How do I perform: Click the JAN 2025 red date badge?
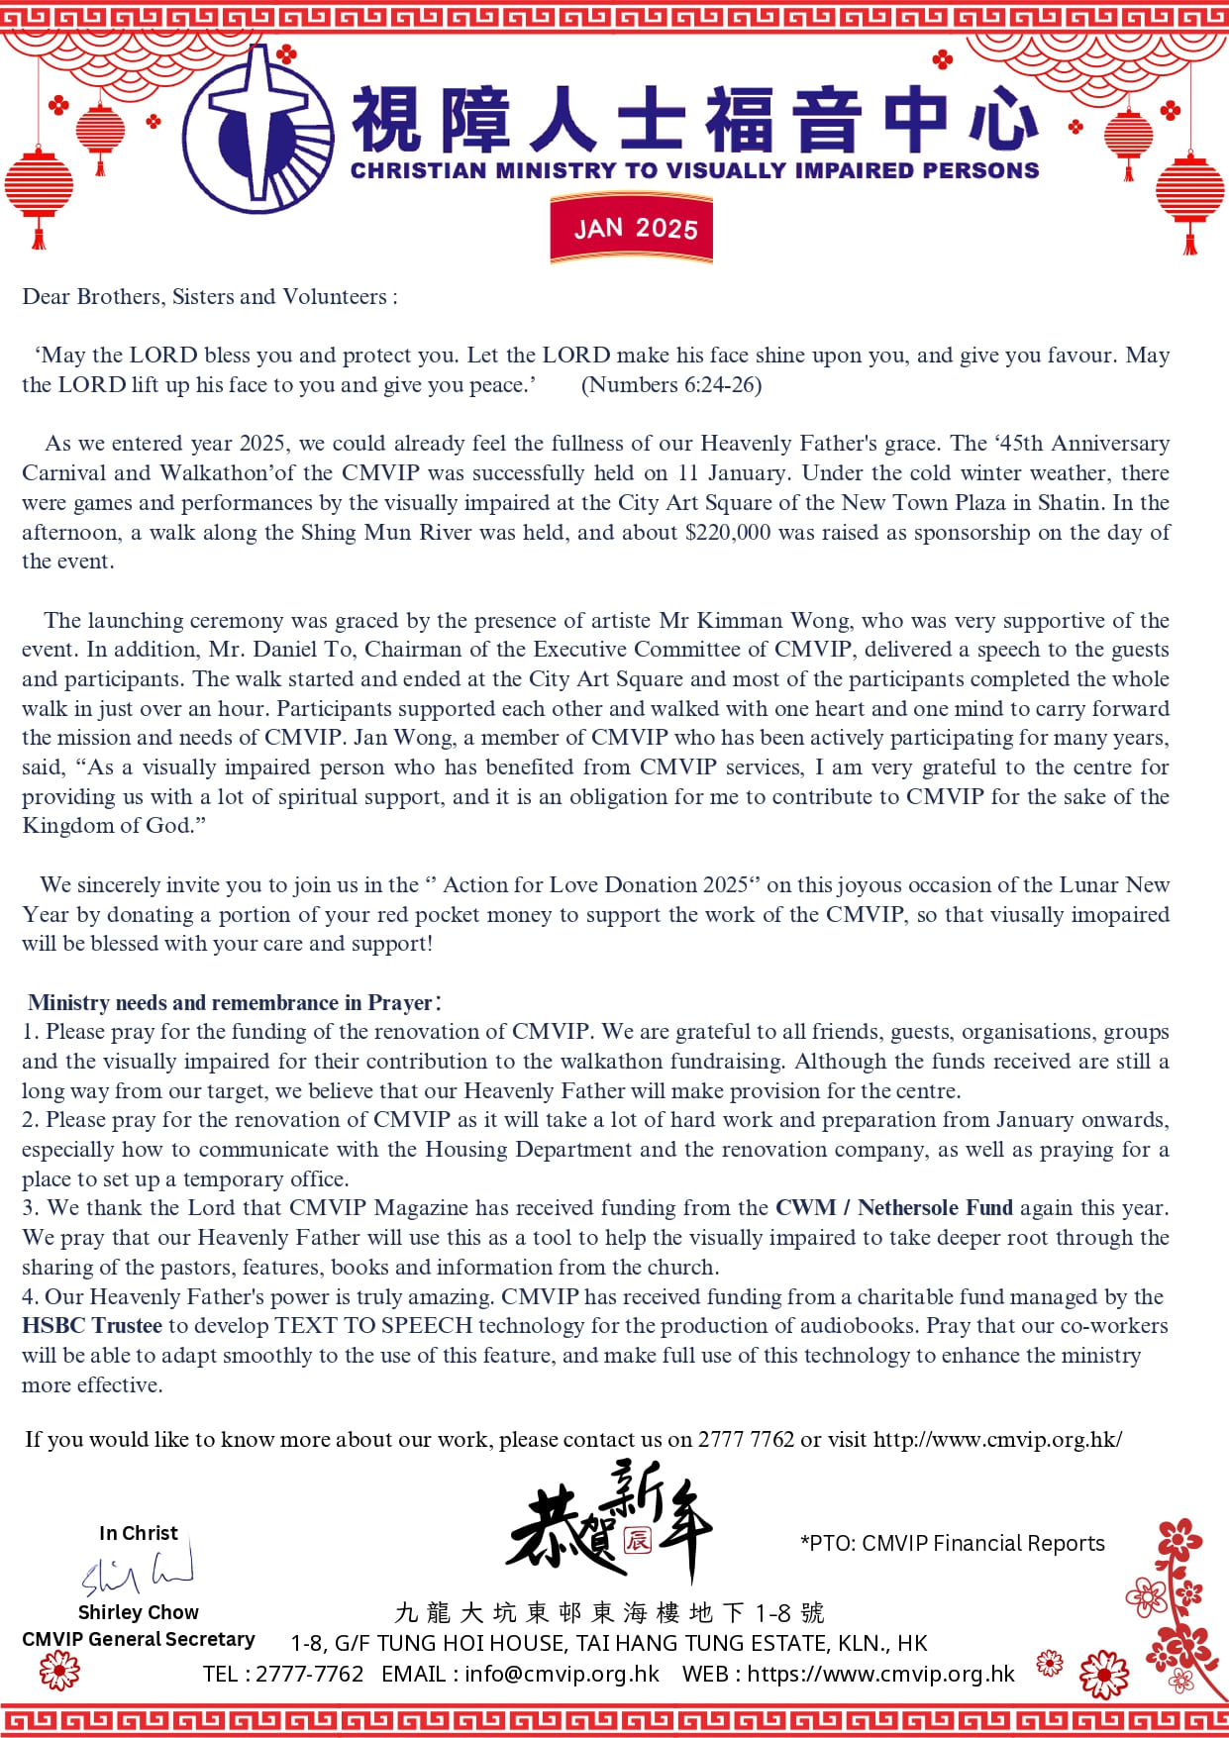[632, 229]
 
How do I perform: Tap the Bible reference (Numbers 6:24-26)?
[670, 385]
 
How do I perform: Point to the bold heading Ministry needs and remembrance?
[230, 1003]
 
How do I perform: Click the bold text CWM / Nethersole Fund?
[893, 1208]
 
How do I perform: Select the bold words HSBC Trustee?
[92, 1326]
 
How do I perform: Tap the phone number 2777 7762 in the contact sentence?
[746, 1440]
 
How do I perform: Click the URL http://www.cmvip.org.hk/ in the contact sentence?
[997, 1440]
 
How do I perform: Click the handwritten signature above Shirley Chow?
[138, 1570]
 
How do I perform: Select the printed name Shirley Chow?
[138, 1612]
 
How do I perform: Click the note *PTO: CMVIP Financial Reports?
[952, 1543]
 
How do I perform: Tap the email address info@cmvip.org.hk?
[562, 1674]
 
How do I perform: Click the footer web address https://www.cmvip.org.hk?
[880, 1674]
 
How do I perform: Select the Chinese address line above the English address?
[609, 1613]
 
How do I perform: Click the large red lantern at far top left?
[39, 188]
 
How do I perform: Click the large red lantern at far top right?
[1189, 193]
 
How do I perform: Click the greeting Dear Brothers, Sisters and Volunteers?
[209, 297]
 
